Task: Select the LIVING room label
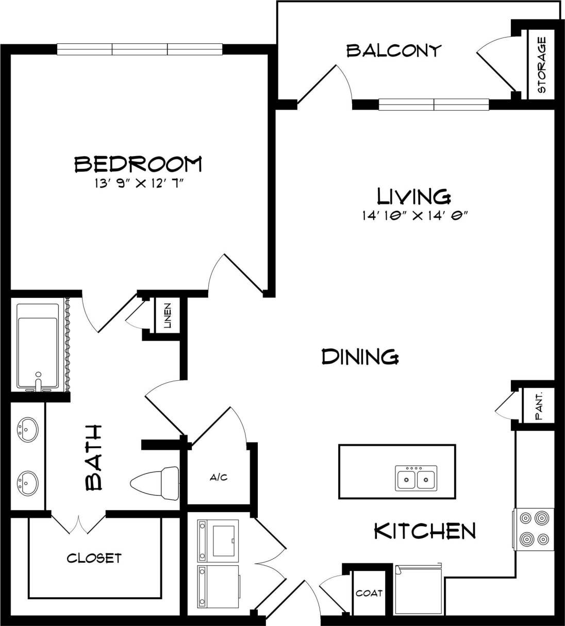click(x=414, y=196)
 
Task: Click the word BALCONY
click(x=394, y=50)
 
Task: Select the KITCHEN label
click(x=424, y=530)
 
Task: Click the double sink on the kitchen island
click(x=417, y=478)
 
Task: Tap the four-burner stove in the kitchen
click(x=533, y=528)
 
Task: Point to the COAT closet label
click(x=369, y=593)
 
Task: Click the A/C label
click(x=219, y=478)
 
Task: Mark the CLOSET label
click(x=94, y=557)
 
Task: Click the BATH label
click(x=94, y=458)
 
